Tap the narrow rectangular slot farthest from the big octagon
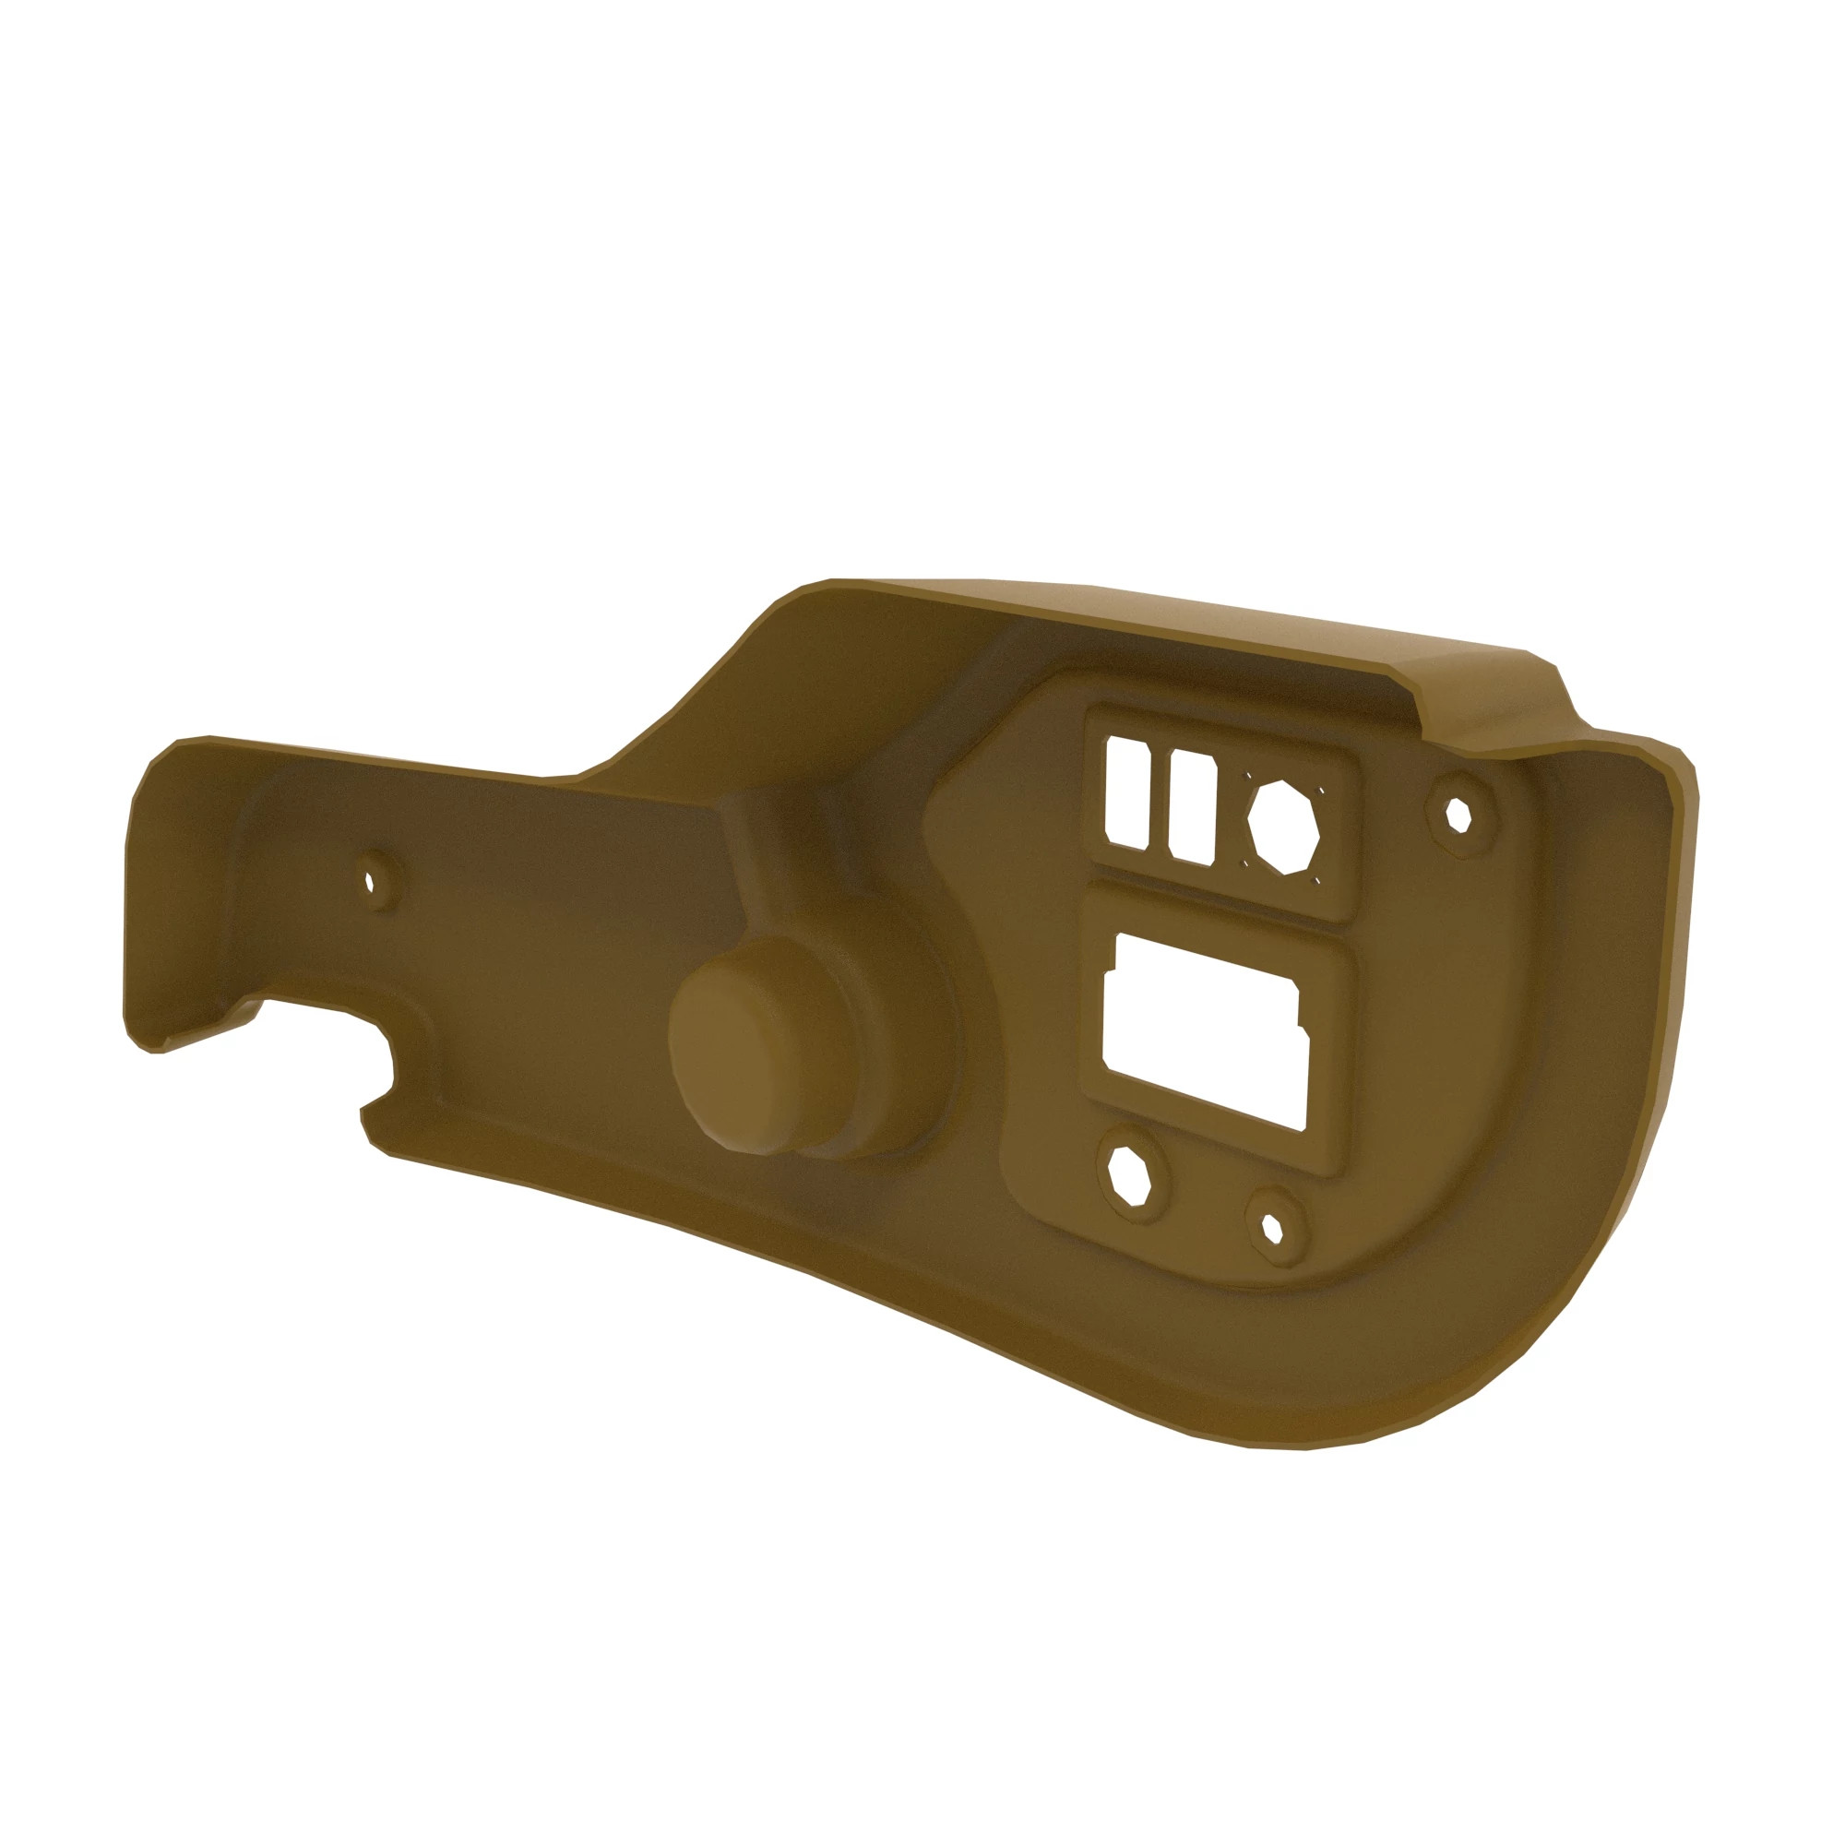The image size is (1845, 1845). [1127, 792]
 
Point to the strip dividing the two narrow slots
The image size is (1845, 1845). [1160, 800]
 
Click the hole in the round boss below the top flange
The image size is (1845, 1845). [1458, 815]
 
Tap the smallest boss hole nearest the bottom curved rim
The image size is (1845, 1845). [1272, 1229]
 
